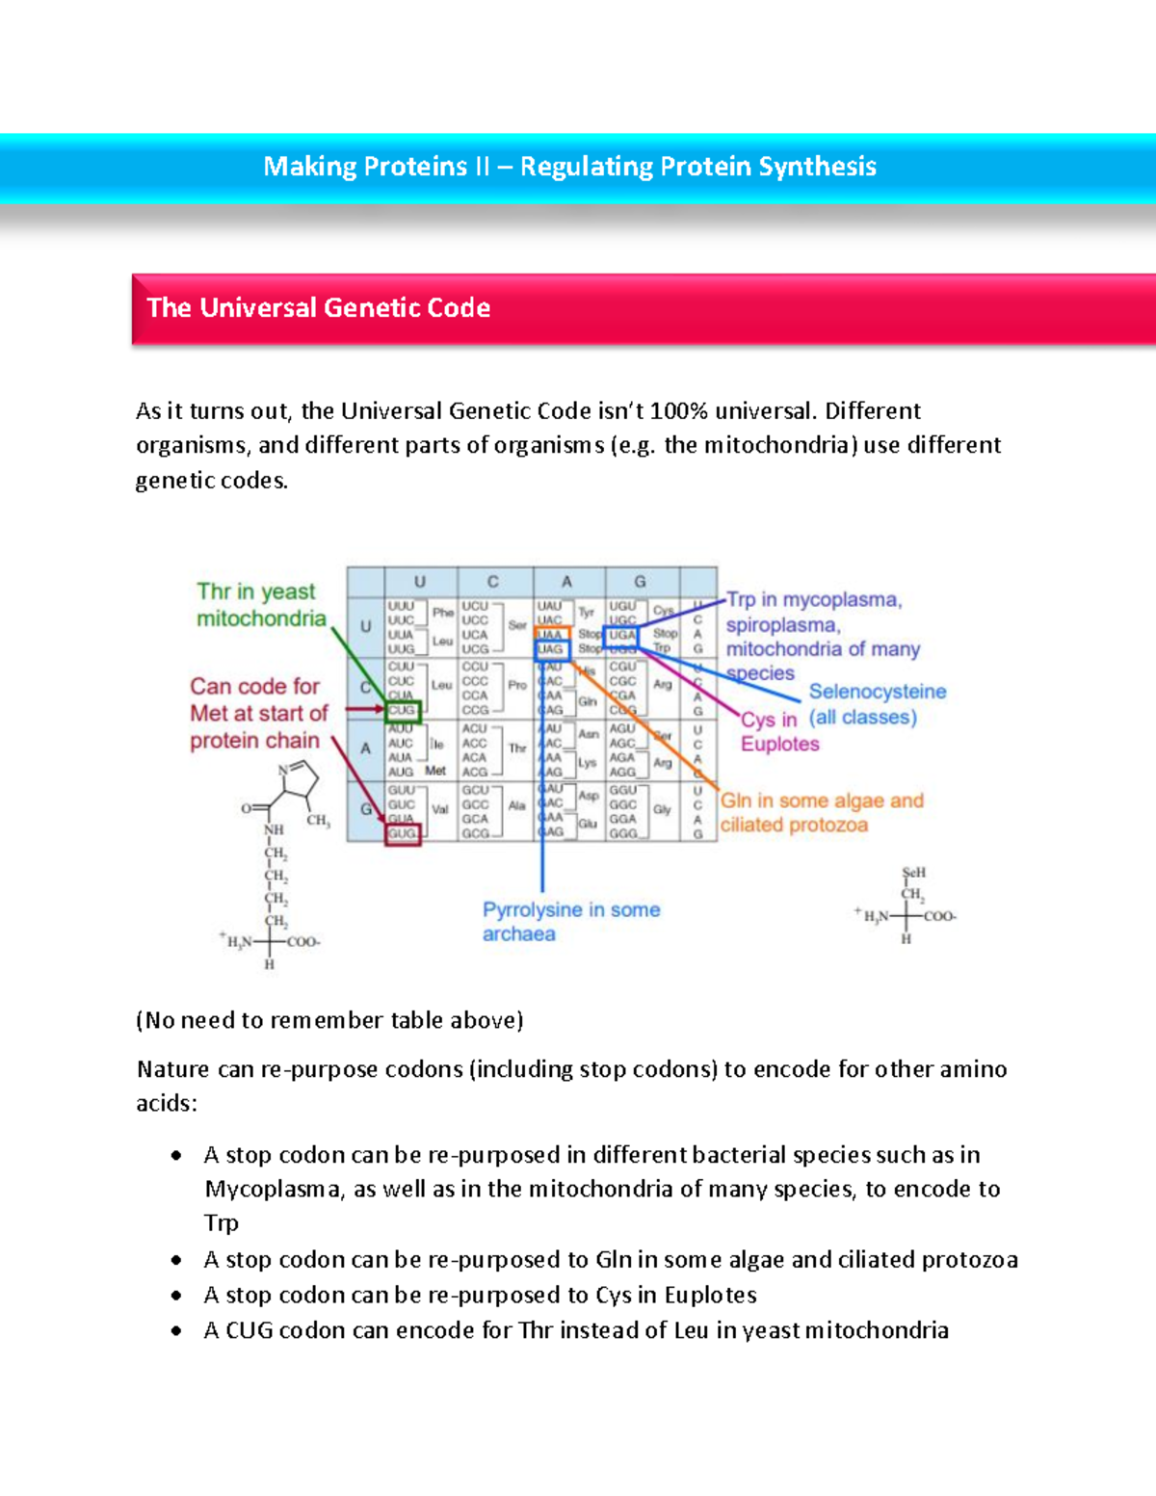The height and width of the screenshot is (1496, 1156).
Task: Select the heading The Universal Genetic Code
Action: click(318, 308)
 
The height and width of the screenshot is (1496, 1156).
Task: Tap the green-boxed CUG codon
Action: click(402, 711)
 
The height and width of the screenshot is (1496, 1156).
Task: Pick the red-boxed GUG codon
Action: click(403, 834)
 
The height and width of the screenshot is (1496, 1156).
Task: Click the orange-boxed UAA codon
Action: click(551, 635)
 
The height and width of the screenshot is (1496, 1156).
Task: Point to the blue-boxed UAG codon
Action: click(551, 650)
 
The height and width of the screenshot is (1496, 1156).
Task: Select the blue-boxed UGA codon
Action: click(622, 635)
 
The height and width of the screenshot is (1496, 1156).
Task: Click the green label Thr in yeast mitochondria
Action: click(260, 605)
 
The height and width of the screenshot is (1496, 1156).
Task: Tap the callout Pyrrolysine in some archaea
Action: click(570, 922)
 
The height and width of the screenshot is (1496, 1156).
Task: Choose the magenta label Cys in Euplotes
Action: click(778, 732)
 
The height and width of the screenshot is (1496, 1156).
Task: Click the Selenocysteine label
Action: click(877, 692)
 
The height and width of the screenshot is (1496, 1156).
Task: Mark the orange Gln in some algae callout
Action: click(821, 813)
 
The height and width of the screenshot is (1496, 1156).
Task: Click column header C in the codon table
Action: click(493, 582)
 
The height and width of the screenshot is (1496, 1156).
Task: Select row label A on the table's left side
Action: click(365, 748)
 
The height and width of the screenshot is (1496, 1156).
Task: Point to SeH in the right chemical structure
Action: click(913, 873)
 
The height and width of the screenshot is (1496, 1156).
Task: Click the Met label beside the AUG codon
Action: click(435, 772)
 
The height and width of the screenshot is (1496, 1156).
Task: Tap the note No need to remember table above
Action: click(329, 1020)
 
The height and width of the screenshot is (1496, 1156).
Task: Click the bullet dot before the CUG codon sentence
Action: click(175, 1331)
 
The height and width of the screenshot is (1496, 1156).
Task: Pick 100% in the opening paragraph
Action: click(678, 411)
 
